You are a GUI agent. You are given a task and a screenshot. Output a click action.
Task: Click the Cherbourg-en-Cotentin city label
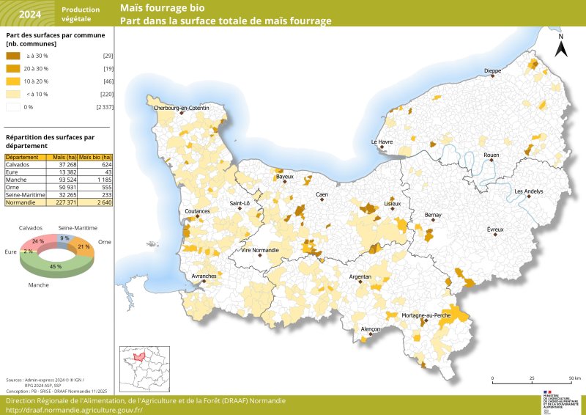pos(181,109)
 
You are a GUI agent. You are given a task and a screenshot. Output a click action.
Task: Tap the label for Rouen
pos(491,155)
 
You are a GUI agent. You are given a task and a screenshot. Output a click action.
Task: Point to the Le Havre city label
pos(382,142)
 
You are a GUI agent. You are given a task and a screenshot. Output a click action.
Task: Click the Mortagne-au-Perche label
pos(426,315)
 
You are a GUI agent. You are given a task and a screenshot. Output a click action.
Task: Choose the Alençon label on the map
pos(371,330)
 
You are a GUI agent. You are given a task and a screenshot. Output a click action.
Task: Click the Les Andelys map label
pos(529,191)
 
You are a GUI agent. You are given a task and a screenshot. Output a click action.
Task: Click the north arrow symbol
pos(560,46)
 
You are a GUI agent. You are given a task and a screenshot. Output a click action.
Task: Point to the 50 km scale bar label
pos(575,378)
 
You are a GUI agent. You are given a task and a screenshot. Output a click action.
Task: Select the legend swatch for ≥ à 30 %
pos(13,56)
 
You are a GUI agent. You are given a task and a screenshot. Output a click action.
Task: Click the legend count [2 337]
pos(104,108)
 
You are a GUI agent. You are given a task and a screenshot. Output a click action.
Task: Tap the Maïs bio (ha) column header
pos(95,158)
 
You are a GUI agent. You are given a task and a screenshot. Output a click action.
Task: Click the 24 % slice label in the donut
pos(38,240)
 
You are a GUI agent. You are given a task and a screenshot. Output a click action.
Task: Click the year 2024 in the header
pos(30,14)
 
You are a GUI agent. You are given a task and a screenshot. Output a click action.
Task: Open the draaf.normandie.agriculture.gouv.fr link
pos(75,410)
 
